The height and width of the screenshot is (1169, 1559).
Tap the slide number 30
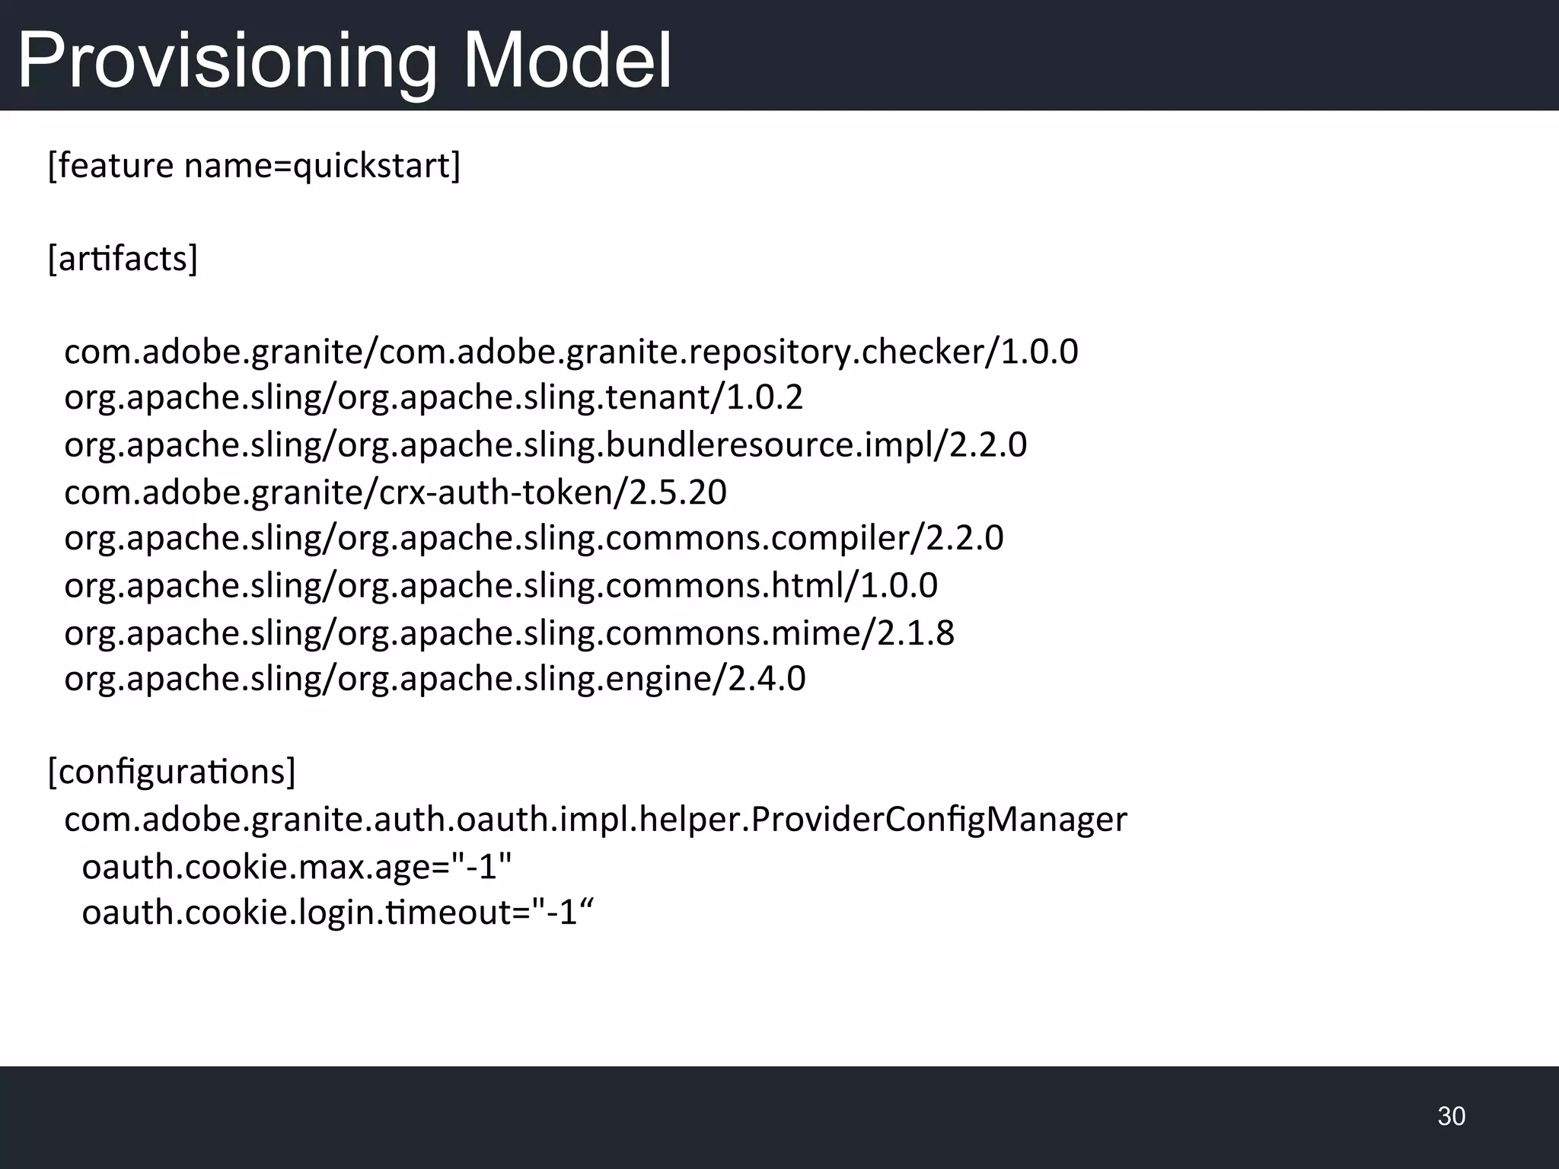click(x=1451, y=1116)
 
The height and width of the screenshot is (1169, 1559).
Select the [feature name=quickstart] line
click(x=254, y=165)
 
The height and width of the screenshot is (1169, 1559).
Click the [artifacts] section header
click(x=123, y=259)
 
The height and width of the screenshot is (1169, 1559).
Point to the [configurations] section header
click(x=171, y=772)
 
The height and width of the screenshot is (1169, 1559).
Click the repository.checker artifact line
click(x=571, y=352)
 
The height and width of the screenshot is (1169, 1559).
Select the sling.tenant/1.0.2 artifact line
click(x=433, y=397)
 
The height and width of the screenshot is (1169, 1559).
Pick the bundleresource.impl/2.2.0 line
click(x=545, y=444)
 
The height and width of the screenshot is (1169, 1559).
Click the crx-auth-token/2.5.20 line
click(x=395, y=492)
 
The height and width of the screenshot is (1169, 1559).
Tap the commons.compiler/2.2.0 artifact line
click(x=534, y=538)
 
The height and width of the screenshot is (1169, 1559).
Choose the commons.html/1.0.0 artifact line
click(x=501, y=585)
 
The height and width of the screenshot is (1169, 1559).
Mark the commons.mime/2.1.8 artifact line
click(x=509, y=632)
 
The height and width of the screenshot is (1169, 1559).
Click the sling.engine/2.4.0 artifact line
click(x=435, y=678)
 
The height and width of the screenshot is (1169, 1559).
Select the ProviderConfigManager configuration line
click(x=595, y=819)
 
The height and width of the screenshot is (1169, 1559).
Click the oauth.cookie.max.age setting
click(x=297, y=866)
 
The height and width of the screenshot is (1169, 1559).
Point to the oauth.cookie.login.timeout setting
click(x=337, y=912)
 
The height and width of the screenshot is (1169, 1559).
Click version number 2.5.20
click(x=677, y=492)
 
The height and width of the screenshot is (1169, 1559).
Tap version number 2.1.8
click(x=916, y=632)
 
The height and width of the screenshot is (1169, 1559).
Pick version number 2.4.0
click(x=767, y=678)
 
